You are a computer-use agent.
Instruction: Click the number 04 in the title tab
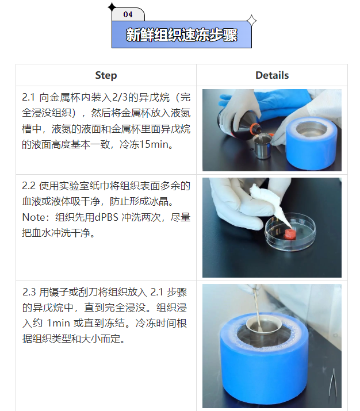pyautogui.click(x=128, y=14)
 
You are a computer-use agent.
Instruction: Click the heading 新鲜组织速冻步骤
pyautogui.click(x=181, y=35)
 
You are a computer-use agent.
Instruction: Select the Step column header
pyautogui.click(x=106, y=75)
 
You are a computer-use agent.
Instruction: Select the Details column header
pyautogui.click(x=272, y=75)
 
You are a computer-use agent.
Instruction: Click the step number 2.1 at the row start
pyautogui.click(x=29, y=97)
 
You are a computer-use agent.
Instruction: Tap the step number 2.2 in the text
pyautogui.click(x=29, y=186)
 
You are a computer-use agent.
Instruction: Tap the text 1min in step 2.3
pyautogui.click(x=56, y=323)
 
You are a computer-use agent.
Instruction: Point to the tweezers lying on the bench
pyautogui.click(x=332, y=385)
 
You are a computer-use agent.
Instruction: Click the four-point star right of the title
pyautogui.click(x=251, y=21)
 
